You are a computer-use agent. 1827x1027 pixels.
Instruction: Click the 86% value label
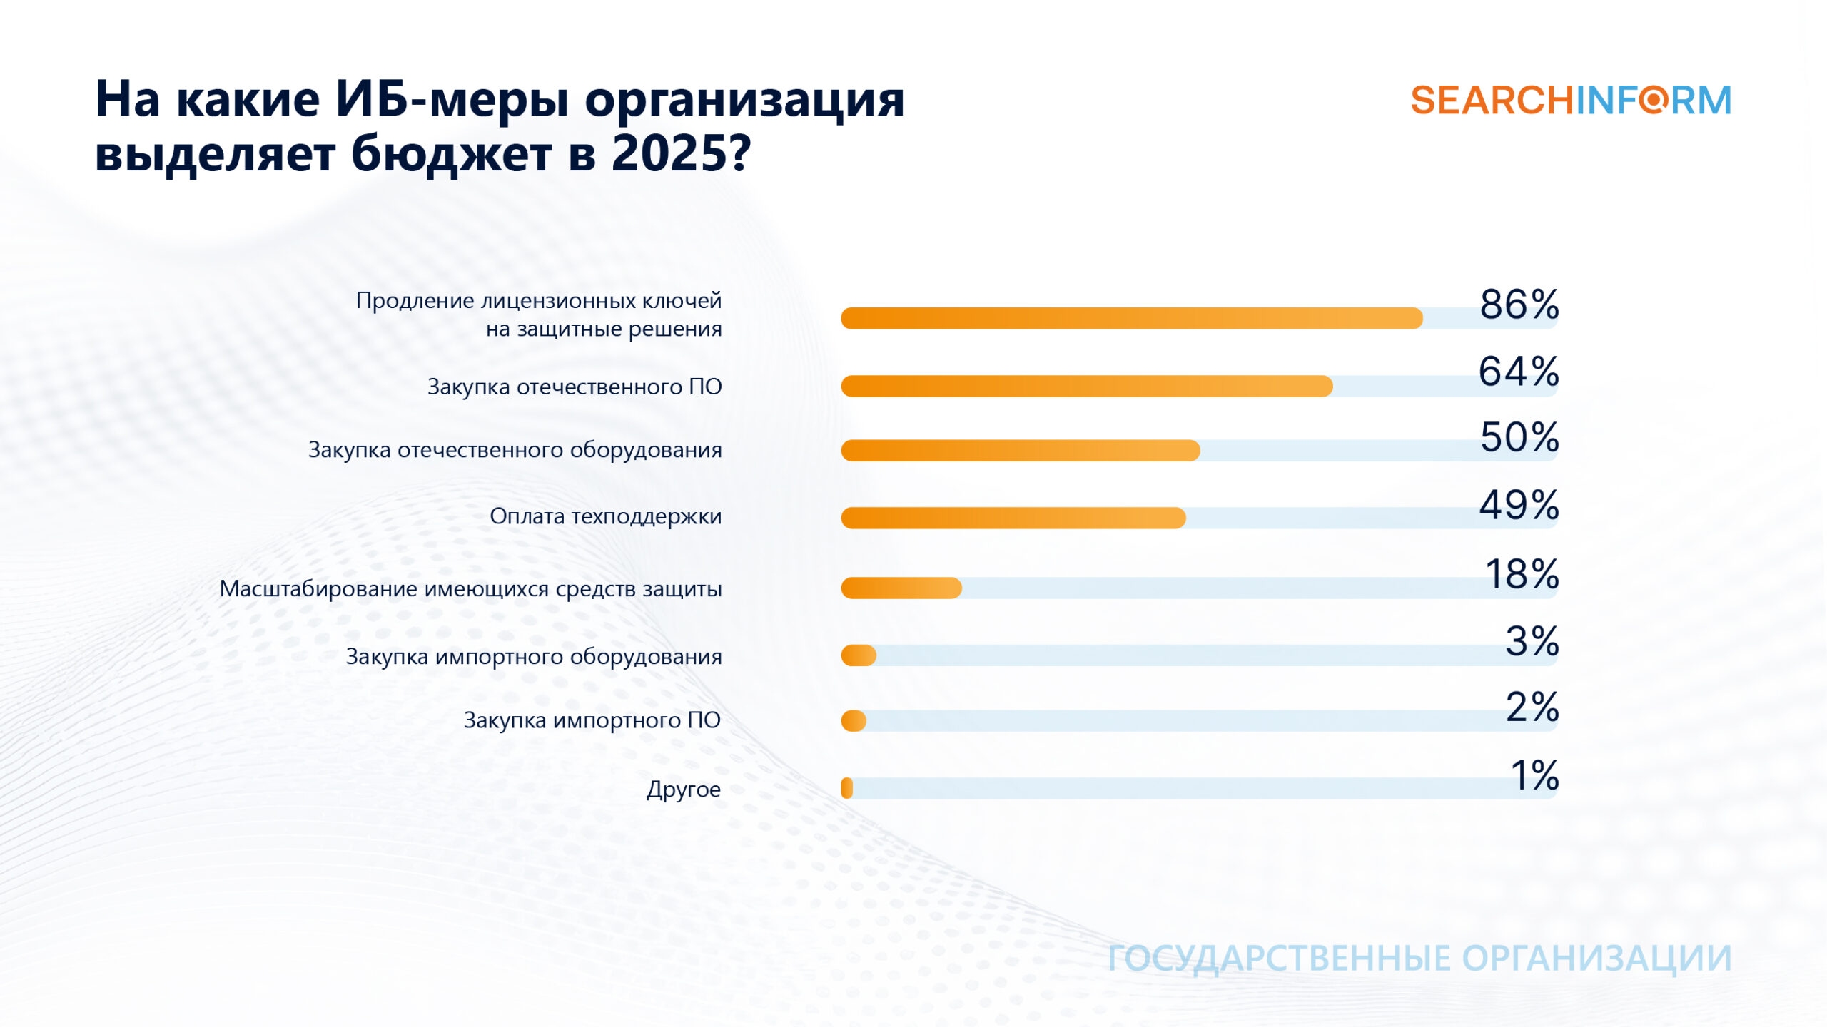point(1519,305)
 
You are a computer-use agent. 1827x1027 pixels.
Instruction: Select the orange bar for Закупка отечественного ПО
point(1086,386)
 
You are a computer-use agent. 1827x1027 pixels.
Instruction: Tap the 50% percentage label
point(1519,437)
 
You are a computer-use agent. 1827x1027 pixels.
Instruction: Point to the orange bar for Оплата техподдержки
point(1013,518)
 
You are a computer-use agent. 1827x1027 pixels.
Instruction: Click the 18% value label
point(1522,574)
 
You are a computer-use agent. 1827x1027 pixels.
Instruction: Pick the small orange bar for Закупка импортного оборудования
point(859,655)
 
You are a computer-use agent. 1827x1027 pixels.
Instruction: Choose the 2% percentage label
point(1532,707)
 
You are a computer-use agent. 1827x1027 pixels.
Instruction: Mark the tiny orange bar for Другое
point(847,788)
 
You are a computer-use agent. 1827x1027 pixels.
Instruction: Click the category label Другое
point(683,790)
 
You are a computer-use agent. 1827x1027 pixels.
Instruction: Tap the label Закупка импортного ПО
point(592,720)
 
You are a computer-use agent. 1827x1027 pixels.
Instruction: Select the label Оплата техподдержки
point(605,516)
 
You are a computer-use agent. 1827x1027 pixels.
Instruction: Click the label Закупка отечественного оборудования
point(515,450)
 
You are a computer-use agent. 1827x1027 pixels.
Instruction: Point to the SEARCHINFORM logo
point(1571,101)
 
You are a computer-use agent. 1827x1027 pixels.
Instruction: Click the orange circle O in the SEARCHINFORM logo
point(1653,100)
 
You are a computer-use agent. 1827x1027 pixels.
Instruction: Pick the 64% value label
point(1518,372)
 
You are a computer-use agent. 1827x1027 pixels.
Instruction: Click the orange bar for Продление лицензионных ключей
point(1132,318)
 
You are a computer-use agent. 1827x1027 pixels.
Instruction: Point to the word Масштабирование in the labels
point(319,589)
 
